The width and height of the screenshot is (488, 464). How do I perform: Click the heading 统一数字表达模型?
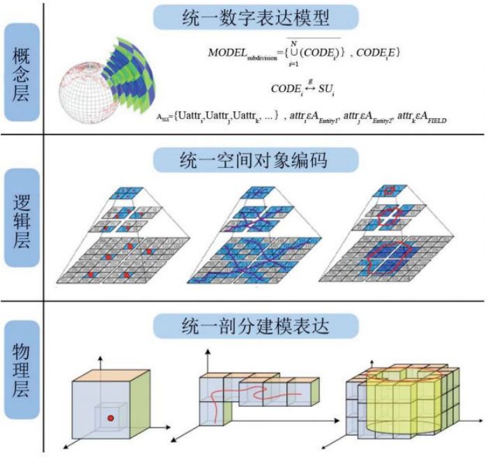coord(256,17)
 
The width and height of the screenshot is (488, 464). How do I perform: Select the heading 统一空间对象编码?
coord(256,160)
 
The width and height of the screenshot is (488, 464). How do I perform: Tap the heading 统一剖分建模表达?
coord(256,325)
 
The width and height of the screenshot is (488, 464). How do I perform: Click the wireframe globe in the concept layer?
coord(87,91)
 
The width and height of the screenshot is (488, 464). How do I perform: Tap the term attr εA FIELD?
coord(419,118)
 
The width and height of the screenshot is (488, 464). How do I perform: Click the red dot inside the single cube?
coord(110,417)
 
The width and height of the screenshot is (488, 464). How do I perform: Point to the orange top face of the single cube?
coord(112,373)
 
